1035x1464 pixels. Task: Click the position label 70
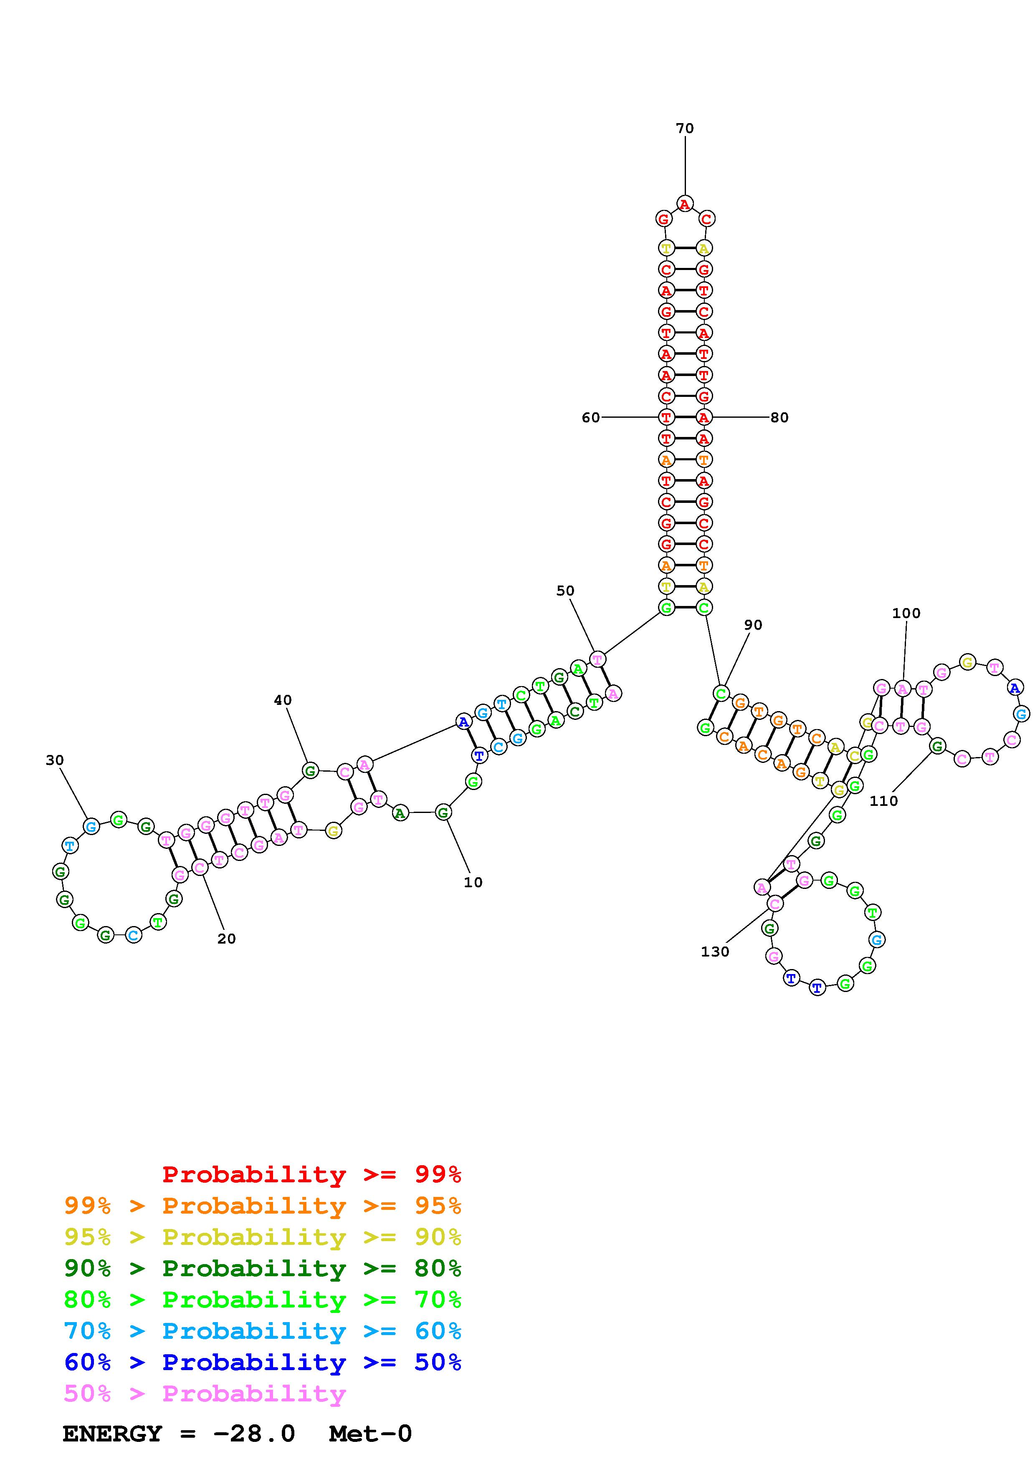[x=684, y=128]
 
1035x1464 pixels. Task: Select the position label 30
[x=55, y=760]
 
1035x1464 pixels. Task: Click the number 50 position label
[x=565, y=591]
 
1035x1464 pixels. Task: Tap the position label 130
[x=714, y=952]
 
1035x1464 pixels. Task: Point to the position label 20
[x=226, y=938]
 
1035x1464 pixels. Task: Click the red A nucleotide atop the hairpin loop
[x=684, y=204]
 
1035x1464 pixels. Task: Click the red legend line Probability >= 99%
[x=311, y=1174]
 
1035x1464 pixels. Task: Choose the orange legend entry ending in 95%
[x=263, y=1206]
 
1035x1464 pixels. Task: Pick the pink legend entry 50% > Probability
[x=205, y=1393]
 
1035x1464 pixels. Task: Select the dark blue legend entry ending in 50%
[x=263, y=1362]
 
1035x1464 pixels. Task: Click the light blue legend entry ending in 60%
[x=263, y=1331]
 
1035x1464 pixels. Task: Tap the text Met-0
[x=370, y=1434]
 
